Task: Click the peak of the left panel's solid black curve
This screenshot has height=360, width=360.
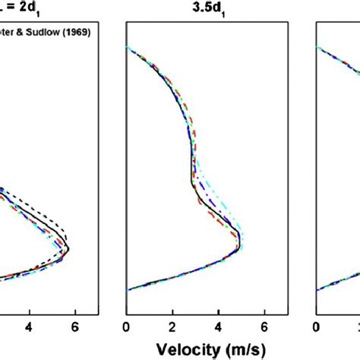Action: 69,248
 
